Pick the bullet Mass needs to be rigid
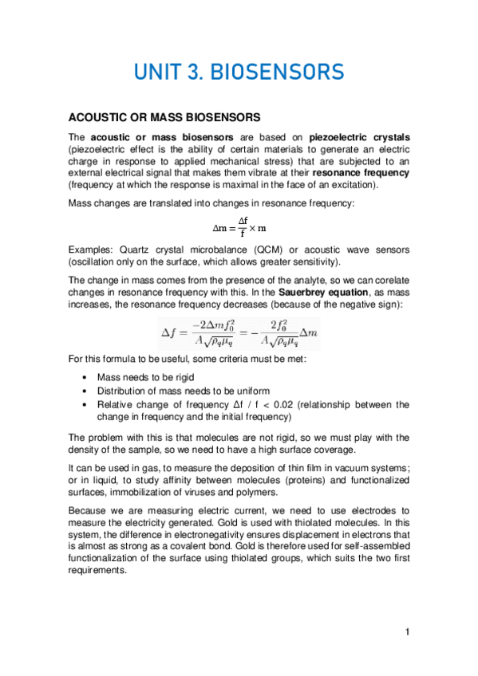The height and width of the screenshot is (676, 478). [x=145, y=376]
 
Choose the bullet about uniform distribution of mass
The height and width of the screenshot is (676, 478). [x=183, y=391]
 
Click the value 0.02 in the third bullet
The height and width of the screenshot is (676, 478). [x=286, y=404]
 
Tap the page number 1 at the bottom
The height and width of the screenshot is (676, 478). [x=407, y=633]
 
